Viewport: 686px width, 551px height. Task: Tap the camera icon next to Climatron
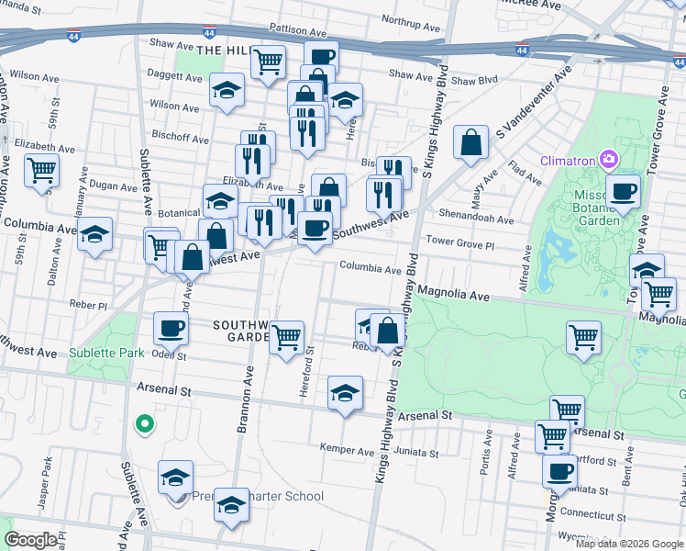click(607, 160)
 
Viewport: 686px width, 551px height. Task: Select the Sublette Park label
click(105, 352)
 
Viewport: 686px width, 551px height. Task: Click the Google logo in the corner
click(31, 540)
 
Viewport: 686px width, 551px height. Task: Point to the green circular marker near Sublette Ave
click(143, 423)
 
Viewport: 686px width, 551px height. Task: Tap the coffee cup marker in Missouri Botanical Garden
click(624, 193)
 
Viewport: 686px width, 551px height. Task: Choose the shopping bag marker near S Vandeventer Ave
click(470, 143)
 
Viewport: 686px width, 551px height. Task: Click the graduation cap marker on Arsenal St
click(345, 394)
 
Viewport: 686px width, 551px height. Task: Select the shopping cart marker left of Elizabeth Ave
click(42, 170)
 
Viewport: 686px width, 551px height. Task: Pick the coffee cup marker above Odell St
click(171, 329)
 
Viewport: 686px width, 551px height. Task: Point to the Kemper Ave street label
click(347, 450)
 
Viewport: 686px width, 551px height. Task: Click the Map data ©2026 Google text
click(629, 544)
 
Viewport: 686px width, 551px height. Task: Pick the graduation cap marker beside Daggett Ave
click(226, 92)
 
